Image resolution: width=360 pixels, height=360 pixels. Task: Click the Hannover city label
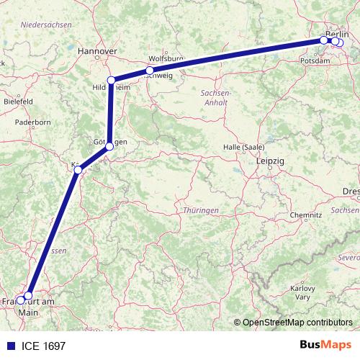pos(96,52)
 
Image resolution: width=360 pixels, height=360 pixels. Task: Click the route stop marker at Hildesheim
pos(112,81)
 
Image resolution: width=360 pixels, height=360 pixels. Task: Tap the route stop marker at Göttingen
pos(109,146)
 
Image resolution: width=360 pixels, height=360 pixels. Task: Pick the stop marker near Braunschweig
pos(150,71)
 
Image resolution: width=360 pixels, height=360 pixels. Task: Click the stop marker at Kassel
pos(77,170)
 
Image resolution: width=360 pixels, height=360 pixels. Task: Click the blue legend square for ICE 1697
pos(7,346)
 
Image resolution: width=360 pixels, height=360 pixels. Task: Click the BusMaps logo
pos(325,346)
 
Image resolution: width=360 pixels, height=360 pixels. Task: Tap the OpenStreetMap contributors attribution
pos(297,322)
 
